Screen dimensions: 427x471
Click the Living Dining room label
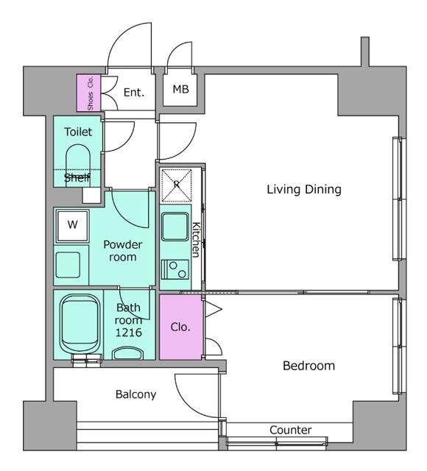click(x=304, y=190)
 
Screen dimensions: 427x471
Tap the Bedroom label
click(x=309, y=366)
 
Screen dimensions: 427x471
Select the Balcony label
click(x=135, y=394)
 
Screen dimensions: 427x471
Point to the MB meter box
click(x=180, y=90)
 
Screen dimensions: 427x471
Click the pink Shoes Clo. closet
click(x=88, y=93)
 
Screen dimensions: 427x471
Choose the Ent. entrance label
click(x=134, y=92)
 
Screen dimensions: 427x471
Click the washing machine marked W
click(x=72, y=225)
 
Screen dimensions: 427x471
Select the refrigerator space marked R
click(x=177, y=185)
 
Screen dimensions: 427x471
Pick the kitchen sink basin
click(x=175, y=227)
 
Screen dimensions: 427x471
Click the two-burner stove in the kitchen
click(x=175, y=269)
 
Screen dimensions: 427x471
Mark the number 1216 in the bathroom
click(x=129, y=333)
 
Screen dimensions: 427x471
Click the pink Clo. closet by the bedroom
click(x=181, y=327)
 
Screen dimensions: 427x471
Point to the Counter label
click(x=291, y=430)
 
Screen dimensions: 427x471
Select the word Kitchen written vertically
click(x=196, y=240)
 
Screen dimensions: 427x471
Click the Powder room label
click(x=123, y=251)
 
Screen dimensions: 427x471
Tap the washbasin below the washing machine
click(x=68, y=265)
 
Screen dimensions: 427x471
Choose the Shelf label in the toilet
click(x=77, y=178)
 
